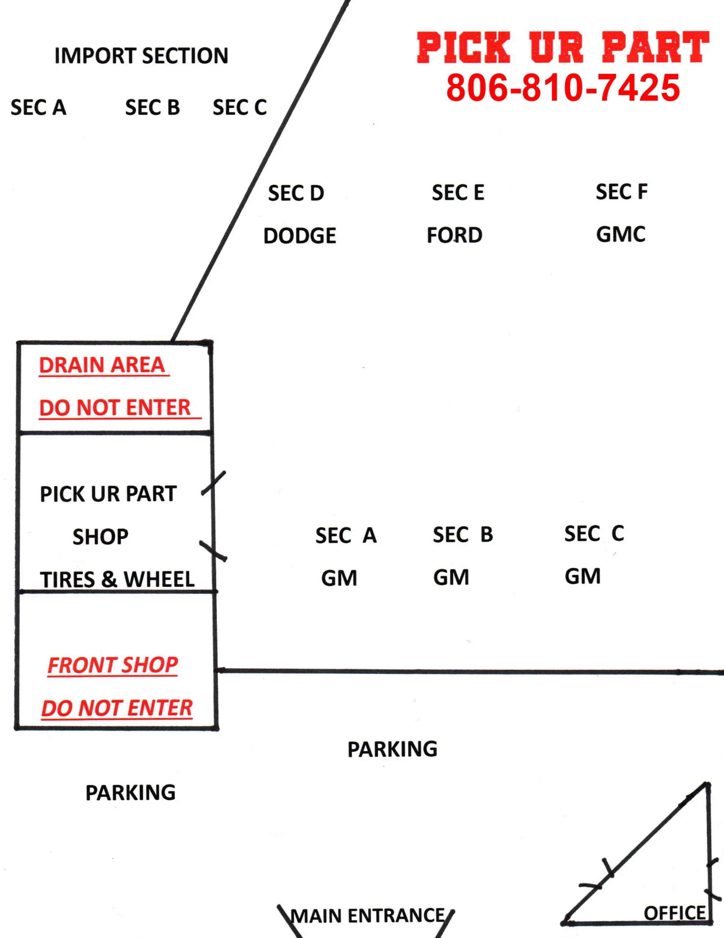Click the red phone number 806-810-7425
(x=563, y=88)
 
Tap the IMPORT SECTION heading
(x=141, y=56)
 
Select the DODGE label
(x=300, y=236)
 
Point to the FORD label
(x=454, y=235)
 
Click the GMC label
(x=621, y=234)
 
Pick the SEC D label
(x=296, y=193)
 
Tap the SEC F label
(x=622, y=192)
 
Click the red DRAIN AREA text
(x=102, y=365)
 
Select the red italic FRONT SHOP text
(x=112, y=665)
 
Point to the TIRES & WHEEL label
(x=117, y=579)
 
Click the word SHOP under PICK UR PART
(x=100, y=537)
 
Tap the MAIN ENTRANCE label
(x=368, y=916)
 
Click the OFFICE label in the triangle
(x=675, y=913)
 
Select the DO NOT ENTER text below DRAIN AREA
(x=115, y=407)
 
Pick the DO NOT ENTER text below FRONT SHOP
(x=117, y=708)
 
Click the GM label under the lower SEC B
(x=451, y=577)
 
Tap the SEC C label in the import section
(x=240, y=107)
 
